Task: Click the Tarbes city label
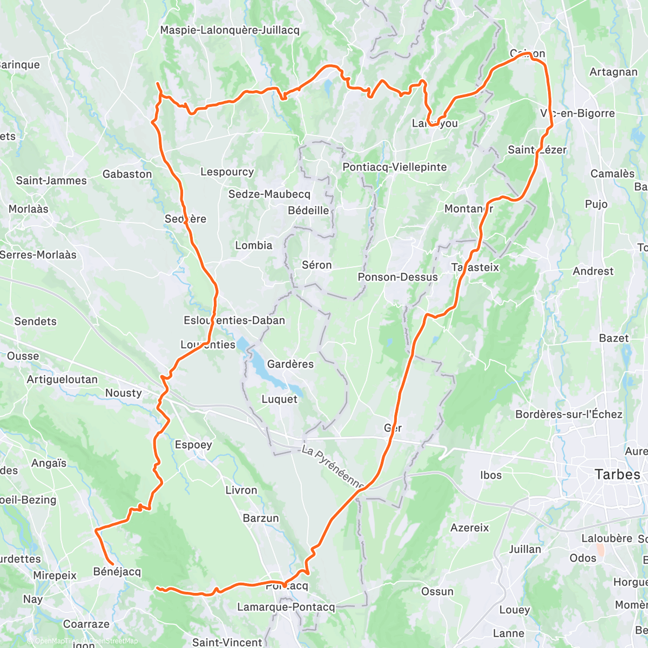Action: pyautogui.click(x=617, y=475)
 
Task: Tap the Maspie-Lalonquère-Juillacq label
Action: pyautogui.click(x=230, y=30)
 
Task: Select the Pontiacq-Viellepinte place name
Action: pyautogui.click(x=395, y=167)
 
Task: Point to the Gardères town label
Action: pyautogui.click(x=290, y=364)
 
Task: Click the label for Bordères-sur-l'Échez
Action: pyautogui.click(x=569, y=414)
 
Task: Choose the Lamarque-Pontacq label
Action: pyautogui.click(x=286, y=607)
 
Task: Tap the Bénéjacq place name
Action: pyautogui.click(x=117, y=571)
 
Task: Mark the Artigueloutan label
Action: pyautogui.click(x=62, y=379)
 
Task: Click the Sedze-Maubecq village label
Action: pyautogui.click(x=269, y=194)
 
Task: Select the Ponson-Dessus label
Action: pyautogui.click(x=397, y=277)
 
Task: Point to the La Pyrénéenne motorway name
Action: pyautogui.click(x=333, y=468)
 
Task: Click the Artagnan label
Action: pyautogui.click(x=613, y=72)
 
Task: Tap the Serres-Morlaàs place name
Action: pyautogui.click(x=38, y=254)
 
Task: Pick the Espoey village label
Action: pyautogui.click(x=193, y=444)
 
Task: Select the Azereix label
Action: pyautogui.click(x=469, y=528)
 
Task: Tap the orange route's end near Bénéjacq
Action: pyautogui.click(x=112, y=564)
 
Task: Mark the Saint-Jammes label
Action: pyautogui.click(x=51, y=180)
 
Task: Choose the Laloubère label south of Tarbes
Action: pyautogui.click(x=606, y=538)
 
